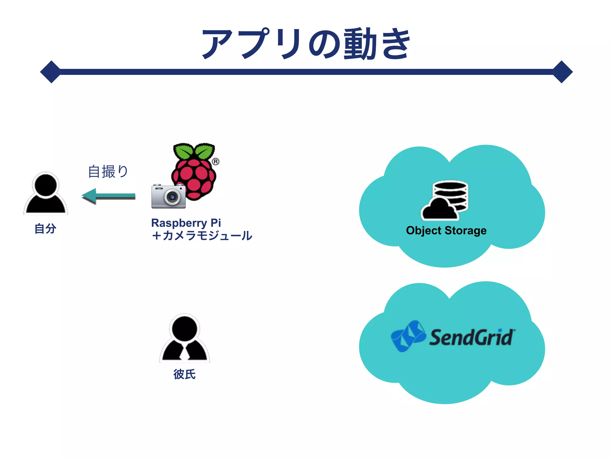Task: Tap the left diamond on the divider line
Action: (x=51, y=72)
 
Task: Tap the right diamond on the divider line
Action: (x=562, y=72)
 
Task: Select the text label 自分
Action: (x=45, y=229)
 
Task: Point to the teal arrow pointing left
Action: (x=108, y=196)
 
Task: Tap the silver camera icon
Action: (x=168, y=196)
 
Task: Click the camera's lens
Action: (x=172, y=197)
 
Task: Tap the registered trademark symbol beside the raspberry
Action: (x=216, y=162)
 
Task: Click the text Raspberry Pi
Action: (x=186, y=223)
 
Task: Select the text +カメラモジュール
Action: (x=202, y=236)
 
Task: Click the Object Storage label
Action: (x=446, y=231)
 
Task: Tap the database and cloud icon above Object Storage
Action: (x=445, y=200)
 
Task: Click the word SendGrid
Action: (x=472, y=338)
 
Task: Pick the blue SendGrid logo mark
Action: (x=408, y=336)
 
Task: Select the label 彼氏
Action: (x=184, y=374)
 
